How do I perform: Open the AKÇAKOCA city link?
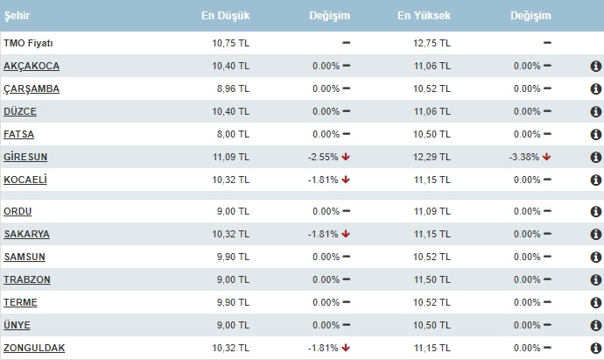[31, 66]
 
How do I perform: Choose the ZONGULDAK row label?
[34, 348]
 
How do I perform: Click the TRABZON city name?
[27, 279]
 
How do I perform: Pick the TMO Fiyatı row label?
[28, 42]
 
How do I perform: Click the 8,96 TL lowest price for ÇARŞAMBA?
[234, 88]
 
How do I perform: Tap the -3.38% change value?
[523, 157]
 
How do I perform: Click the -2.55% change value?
[323, 157]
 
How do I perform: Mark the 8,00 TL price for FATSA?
[234, 134]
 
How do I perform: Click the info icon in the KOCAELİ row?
[595, 180]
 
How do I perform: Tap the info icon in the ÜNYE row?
[595, 325]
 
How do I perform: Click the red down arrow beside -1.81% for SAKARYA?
[347, 234]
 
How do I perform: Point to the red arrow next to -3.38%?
[547, 157]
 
